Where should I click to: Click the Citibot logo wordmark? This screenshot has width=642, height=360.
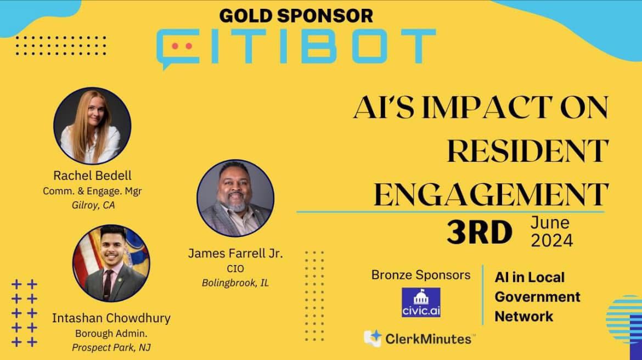point(296,48)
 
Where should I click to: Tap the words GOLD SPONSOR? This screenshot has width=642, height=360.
point(296,16)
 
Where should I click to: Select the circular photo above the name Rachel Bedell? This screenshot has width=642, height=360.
point(92,126)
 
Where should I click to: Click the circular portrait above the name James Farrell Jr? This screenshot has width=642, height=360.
point(235,198)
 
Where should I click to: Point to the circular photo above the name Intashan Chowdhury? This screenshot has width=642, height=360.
point(111,263)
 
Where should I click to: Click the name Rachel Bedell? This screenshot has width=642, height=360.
point(93,176)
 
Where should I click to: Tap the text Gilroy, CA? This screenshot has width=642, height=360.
point(93,205)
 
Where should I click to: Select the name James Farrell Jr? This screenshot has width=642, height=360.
point(235,254)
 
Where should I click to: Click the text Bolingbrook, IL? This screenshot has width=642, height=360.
point(235,283)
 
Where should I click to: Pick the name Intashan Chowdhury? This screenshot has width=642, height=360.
point(111,318)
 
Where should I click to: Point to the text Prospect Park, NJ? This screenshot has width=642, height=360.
point(111,348)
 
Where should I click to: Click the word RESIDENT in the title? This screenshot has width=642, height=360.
point(528,151)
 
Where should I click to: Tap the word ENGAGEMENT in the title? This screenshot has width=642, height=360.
point(491,194)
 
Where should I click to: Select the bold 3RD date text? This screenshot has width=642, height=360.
point(480,232)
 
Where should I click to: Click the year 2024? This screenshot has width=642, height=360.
point(552,240)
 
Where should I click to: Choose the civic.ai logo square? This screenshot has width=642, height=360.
point(421,302)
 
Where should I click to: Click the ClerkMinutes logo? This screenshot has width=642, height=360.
point(419,339)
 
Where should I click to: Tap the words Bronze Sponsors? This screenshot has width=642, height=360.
point(421,275)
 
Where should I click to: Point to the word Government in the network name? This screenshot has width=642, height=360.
point(537,297)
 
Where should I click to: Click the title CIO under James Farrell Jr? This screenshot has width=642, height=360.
point(235,269)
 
